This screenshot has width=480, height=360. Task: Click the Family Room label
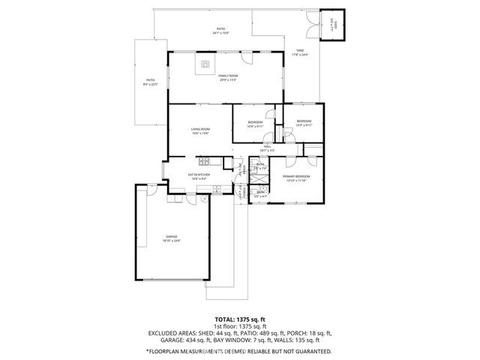tap(228, 76)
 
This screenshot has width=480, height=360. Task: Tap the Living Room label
tap(200, 130)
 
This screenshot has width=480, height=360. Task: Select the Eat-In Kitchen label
tap(199, 175)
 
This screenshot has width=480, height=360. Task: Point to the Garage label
tap(172, 237)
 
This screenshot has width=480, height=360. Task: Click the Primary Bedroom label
tap(297, 177)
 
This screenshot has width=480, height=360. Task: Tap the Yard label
tap(300, 52)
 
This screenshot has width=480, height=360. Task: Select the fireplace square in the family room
tap(205, 64)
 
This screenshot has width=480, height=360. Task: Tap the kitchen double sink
tap(216, 189)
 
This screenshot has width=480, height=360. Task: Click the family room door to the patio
tap(247, 58)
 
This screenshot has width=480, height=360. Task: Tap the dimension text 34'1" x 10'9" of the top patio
tap(221, 34)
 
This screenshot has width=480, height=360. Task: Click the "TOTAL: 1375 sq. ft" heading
tap(239, 319)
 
